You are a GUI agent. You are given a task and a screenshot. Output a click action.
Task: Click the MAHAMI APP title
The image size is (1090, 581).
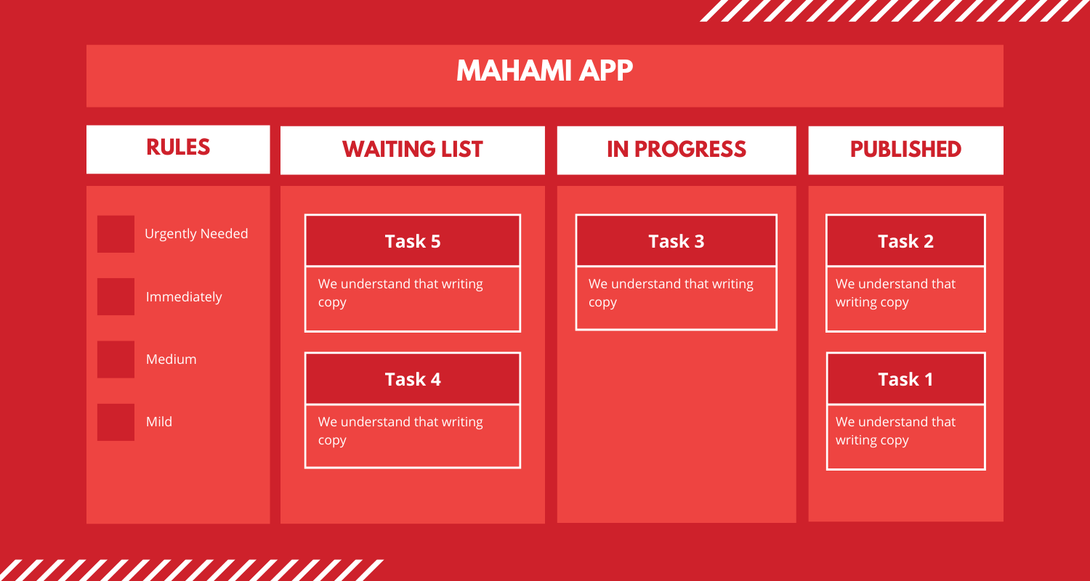pos(545,71)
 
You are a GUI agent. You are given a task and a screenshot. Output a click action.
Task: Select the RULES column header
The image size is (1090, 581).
pos(178,147)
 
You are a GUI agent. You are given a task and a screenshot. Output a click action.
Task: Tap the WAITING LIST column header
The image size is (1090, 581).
pos(412,150)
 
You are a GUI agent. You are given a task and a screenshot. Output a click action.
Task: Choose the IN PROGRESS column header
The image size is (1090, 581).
pos(676,150)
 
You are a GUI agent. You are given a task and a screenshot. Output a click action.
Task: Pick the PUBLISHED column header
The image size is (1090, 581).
pos(905,150)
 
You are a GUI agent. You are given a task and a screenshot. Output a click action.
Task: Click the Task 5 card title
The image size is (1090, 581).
pos(412,241)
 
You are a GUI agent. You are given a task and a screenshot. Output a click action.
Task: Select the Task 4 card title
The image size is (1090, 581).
pos(412,379)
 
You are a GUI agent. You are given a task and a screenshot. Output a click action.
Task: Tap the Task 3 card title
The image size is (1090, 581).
pos(676,241)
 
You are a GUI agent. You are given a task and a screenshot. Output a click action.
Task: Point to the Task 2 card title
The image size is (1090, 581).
pos(905,241)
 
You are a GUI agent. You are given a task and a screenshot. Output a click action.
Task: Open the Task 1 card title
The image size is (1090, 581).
pos(905,379)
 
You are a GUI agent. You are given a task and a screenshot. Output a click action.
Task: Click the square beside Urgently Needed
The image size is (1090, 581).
pos(116,234)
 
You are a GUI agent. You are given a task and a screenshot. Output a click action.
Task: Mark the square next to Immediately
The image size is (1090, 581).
pos(116,296)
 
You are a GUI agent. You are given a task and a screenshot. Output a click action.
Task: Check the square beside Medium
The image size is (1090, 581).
pos(116,359)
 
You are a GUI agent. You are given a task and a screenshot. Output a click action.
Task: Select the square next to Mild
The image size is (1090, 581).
pos(116,422)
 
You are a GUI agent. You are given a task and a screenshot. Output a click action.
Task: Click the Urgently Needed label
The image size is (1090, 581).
pos(196,234)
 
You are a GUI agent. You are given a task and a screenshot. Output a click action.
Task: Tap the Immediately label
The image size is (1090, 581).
pos(184,297)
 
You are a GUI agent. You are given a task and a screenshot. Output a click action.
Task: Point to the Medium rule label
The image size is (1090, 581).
pos(171,359)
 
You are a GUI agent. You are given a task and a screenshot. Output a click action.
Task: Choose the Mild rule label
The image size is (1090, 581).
pos(159,422)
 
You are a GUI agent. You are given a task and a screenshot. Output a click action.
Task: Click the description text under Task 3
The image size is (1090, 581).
pos(670,293)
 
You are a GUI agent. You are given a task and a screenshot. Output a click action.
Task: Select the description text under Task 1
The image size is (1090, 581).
pos(895,431)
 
